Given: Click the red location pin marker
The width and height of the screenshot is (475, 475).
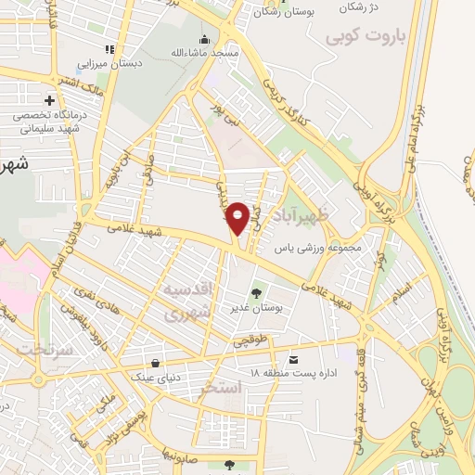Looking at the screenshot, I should click(238, 218).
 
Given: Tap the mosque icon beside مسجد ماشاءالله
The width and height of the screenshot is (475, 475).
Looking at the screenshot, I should click(204, 39).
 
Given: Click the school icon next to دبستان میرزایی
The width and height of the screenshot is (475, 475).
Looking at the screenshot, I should click(109, 48).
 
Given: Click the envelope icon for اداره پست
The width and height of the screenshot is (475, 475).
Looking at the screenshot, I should click(295, 358).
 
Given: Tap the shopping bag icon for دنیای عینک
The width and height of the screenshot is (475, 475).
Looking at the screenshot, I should click(154, 363).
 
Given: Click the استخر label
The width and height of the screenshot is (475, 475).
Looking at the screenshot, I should click(219, 389).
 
